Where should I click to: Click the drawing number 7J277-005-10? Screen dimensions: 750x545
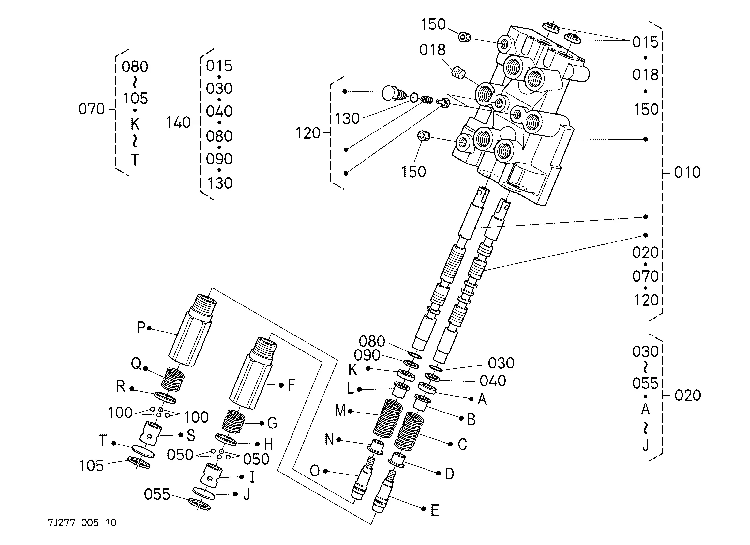tap(82, 522)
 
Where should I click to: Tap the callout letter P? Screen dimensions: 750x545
tap(141, 327)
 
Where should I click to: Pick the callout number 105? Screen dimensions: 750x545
tap(92, 466)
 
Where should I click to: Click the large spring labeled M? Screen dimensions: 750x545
tap(388, 418)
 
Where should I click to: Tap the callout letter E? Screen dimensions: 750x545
tap(435, 510)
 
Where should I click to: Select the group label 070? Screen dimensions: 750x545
tap(91, 109)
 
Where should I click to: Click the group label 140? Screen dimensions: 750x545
tap(179, 122)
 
